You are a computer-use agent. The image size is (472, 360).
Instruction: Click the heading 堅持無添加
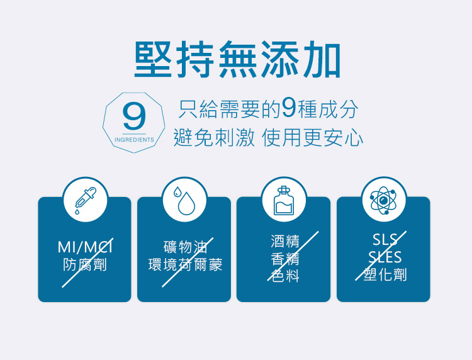click(x=237, y=59)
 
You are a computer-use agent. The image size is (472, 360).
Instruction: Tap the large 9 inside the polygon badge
click(x=134, y=116)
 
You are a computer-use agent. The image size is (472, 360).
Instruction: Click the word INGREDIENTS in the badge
click(x=134, y=140)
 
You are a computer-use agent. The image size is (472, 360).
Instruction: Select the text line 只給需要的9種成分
click(x=269, y=109)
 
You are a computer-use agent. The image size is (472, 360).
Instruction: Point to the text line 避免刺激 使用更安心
click(x=269, y=138)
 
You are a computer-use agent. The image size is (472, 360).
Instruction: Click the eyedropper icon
click(x=85, y=200)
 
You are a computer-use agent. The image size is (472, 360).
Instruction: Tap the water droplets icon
click(x=184, y=200)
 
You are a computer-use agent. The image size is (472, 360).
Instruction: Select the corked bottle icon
click(x=284, y=200)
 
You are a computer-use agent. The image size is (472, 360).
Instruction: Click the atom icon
click(x=383, y=200)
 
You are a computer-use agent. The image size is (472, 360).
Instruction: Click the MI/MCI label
click(x=85, y=247)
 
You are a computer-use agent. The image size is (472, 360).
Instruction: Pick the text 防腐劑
click(x=85, y=265)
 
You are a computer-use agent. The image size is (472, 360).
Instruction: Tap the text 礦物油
click(x=185, y=247)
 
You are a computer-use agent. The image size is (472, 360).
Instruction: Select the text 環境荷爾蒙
click(x=185, y=265)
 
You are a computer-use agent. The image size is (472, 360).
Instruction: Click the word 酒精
click(x=285, y=241)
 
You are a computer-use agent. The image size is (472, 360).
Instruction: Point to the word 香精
click(x=285, y=259)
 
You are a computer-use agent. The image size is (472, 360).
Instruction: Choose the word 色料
click(x=285, y=276)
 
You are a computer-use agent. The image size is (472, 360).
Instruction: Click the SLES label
click(x=385, y=257)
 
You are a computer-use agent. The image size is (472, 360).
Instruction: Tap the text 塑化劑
click(x=385, y=274)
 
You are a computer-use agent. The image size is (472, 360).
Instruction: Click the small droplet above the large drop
click(x=177, y=191)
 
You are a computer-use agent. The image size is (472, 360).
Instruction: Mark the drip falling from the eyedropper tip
click(x=77, y=212)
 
